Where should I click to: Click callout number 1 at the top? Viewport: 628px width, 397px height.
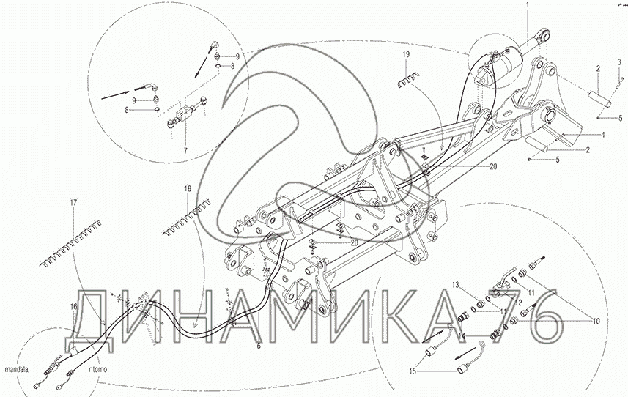click(528, 5)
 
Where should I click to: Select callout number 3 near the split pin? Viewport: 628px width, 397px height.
click(618, 62)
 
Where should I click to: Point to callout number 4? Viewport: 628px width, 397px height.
click(603, 135)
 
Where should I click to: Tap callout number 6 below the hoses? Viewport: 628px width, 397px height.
click(259, 346)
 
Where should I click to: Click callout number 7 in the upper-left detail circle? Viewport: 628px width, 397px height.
click(185, 151)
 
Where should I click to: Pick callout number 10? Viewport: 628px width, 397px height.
click(596, 321)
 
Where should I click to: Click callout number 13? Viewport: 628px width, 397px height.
click(457, 284)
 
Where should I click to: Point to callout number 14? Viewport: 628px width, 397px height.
click(462, 337)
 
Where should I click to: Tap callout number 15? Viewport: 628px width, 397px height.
click(412, 371)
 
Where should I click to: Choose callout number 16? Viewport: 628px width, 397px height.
click(73, 307)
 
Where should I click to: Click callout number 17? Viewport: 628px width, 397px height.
click(73, 203)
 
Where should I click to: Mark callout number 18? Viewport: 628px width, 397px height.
click(188, 188)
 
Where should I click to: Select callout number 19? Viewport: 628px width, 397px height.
click(406, 55)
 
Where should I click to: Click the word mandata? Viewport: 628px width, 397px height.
click(16, 369)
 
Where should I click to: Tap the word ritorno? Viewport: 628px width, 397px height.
click(98, 369)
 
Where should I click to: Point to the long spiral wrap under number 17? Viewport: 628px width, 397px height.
click(71, 243)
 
